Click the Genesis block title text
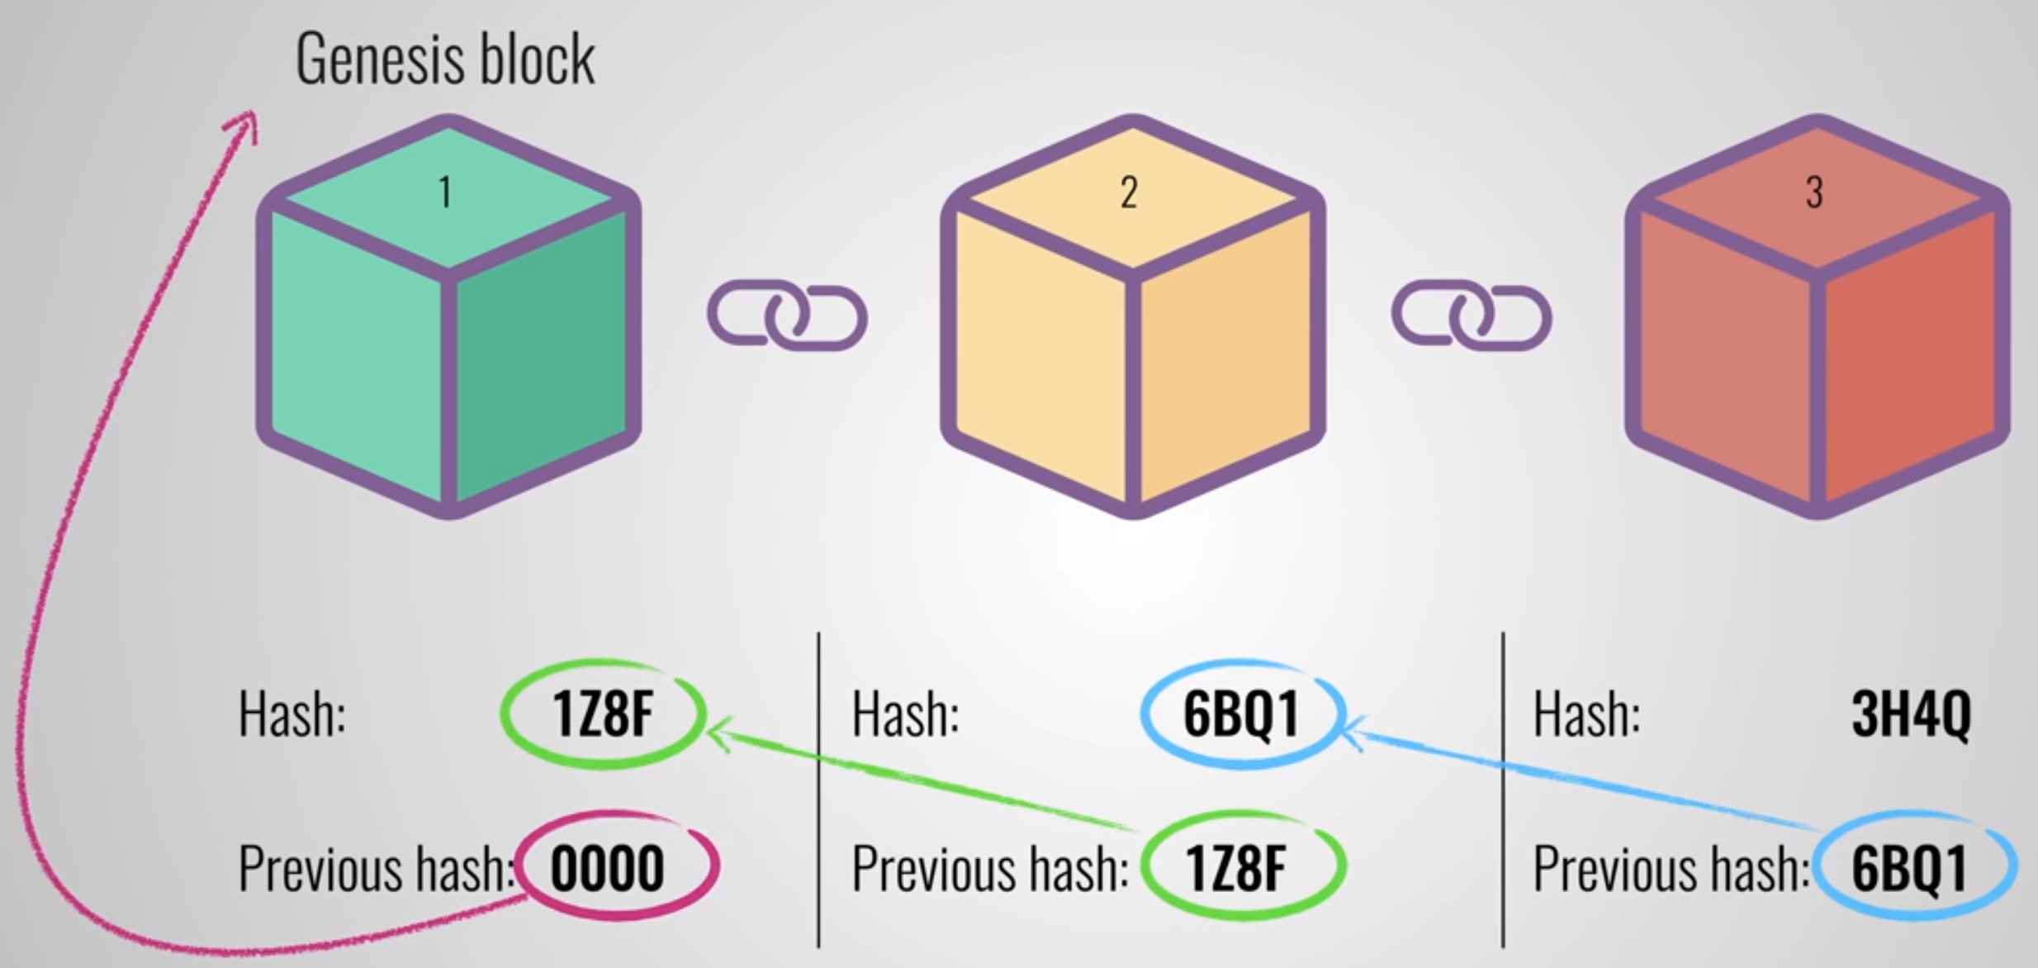coord(445,59)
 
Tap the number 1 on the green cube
coord(445,193)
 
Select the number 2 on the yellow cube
coord(1129,193)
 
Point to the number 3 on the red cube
coord(1814,193)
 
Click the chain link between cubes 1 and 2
coord(787,317)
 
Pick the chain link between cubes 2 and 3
coord(1472,317)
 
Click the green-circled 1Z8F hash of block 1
coord(603,714)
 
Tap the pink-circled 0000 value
coord(609,867)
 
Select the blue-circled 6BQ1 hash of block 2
coord(1241,714)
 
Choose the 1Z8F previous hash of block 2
coord(1236,867)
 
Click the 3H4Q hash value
coord(1911,714)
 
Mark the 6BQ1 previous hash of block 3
coord(1909,867)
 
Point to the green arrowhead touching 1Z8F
coord(717,730)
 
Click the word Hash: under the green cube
coord(291,714)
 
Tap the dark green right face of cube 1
coord(541,355)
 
